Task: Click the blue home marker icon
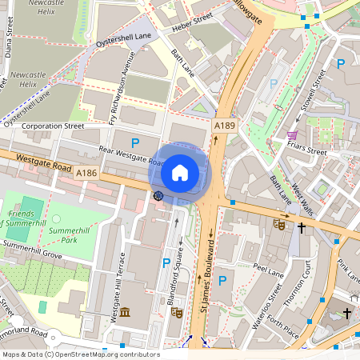(180, 172)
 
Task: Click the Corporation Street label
(53, 126)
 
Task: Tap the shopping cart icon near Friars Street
(293, 135)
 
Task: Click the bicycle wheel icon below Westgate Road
(158, 196)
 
